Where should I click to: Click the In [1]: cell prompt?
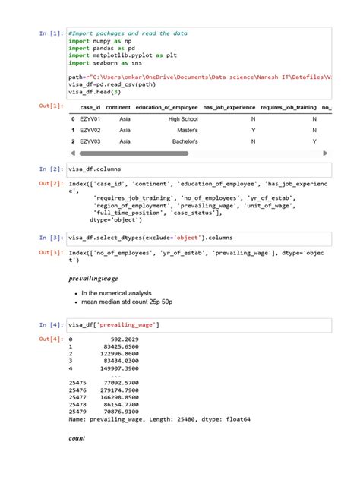pyautogui.click(x=51, y=34)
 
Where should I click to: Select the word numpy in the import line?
pyautogui.click(x=102, y=41)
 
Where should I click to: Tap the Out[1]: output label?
pyautogui.click(x=51, y=106)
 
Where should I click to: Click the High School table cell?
pyautogui.click(x=182, y=119)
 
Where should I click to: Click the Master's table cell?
pyautogui.click(x=187, y=130)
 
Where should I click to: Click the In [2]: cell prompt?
pyautogui.click(x=51, y=169)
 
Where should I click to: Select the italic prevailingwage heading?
pyautogui.click(x=94, y=279)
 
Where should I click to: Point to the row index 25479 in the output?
pyautogui.click(x=77, y=412)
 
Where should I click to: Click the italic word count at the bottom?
pyautogui.click(x=77, y=438)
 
